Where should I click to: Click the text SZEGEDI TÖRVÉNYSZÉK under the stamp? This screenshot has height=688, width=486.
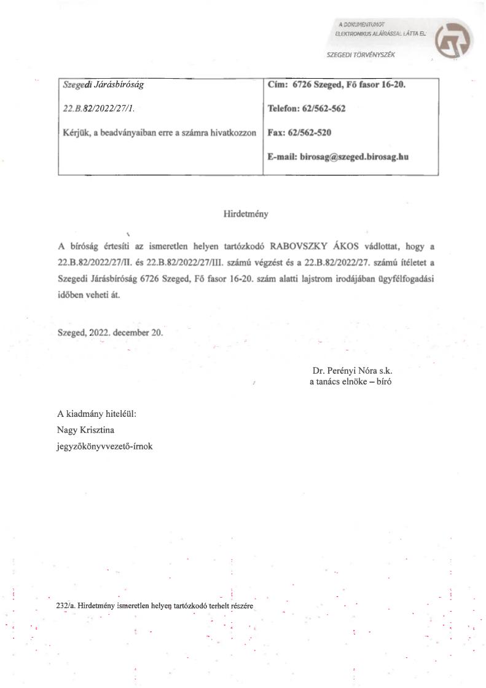click(x=361, y=55)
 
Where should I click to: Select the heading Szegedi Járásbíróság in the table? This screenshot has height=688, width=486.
click(x=104, y=85)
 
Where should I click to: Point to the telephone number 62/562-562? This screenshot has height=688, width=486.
click(x=323, y=109)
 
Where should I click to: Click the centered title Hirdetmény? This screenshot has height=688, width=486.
click(x=246, y=215)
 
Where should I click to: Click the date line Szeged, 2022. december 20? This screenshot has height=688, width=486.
click(x=110, y=332)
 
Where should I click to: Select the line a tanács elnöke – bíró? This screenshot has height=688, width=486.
click(x=350, y=382)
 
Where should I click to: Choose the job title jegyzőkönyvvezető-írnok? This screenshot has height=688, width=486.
click(x=105, y=446)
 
